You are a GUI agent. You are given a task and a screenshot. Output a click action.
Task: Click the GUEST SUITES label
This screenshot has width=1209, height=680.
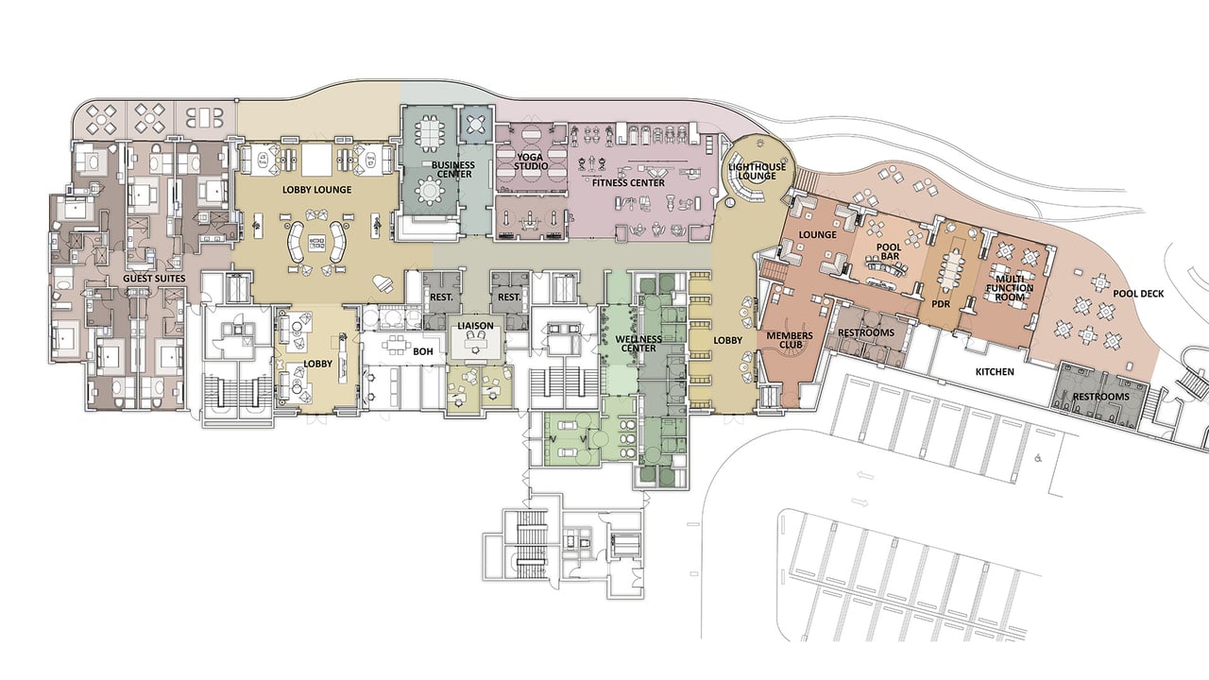[x=155, y=280]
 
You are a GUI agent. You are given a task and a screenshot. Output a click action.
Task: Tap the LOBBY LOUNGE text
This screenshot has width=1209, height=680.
[x=316, y=190]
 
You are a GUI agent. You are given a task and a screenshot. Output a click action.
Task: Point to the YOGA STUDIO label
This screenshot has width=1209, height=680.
[x=531, y=161]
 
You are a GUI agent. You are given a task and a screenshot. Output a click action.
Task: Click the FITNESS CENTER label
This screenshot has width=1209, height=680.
[x=628, y=182]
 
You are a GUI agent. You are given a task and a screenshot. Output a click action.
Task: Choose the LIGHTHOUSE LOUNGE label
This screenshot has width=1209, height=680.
[x=751, y=171]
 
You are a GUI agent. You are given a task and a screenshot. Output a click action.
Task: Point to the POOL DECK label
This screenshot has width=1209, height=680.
[x=1138, y=294]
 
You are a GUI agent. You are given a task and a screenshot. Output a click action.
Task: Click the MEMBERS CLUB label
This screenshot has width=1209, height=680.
[x=790, y=340]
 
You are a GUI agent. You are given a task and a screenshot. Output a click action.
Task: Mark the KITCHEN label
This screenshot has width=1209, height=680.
[x=995, y=372]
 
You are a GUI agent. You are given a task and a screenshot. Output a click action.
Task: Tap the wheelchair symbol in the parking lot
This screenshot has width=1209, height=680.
[x=1037, y=459]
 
